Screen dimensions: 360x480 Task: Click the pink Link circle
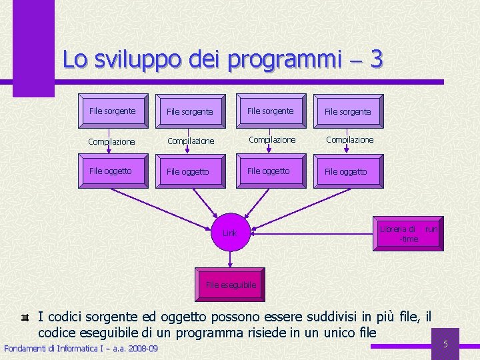tap(229, 233)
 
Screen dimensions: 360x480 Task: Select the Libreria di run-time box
tap(407, 233)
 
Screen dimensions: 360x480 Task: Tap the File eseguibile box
tap(231, 285)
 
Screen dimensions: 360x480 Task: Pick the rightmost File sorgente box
tap(347, 112)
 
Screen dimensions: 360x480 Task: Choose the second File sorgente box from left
tap(190, 112)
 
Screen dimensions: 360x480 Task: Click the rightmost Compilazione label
tap(350, 140)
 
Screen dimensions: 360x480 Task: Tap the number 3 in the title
tap(376, 60)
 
